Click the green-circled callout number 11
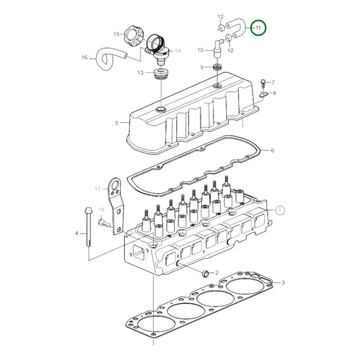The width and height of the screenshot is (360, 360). [x=258, y=28]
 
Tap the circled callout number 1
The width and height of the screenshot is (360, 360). [x=280, y=210]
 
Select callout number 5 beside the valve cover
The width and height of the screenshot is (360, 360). [x=117, y=123]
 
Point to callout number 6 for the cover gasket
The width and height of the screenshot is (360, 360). [x=272, y=151]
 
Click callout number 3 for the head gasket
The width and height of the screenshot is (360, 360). [x=283, y=282]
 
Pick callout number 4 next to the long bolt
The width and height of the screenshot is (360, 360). [x=76, y=233]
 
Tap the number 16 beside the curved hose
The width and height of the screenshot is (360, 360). [x=84, y=57]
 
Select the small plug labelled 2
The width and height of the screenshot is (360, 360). [x=205, y=274]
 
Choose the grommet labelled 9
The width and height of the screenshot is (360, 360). [x=217, y=68]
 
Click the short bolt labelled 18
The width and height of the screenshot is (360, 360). [x=105, y=222]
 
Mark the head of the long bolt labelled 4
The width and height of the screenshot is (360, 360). [x=88, y=210]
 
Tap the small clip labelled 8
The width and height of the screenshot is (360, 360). [x=263, y=94]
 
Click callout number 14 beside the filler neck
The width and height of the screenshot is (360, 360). [x=178, y=51]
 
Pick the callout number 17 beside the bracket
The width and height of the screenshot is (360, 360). [x=98, y=188]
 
